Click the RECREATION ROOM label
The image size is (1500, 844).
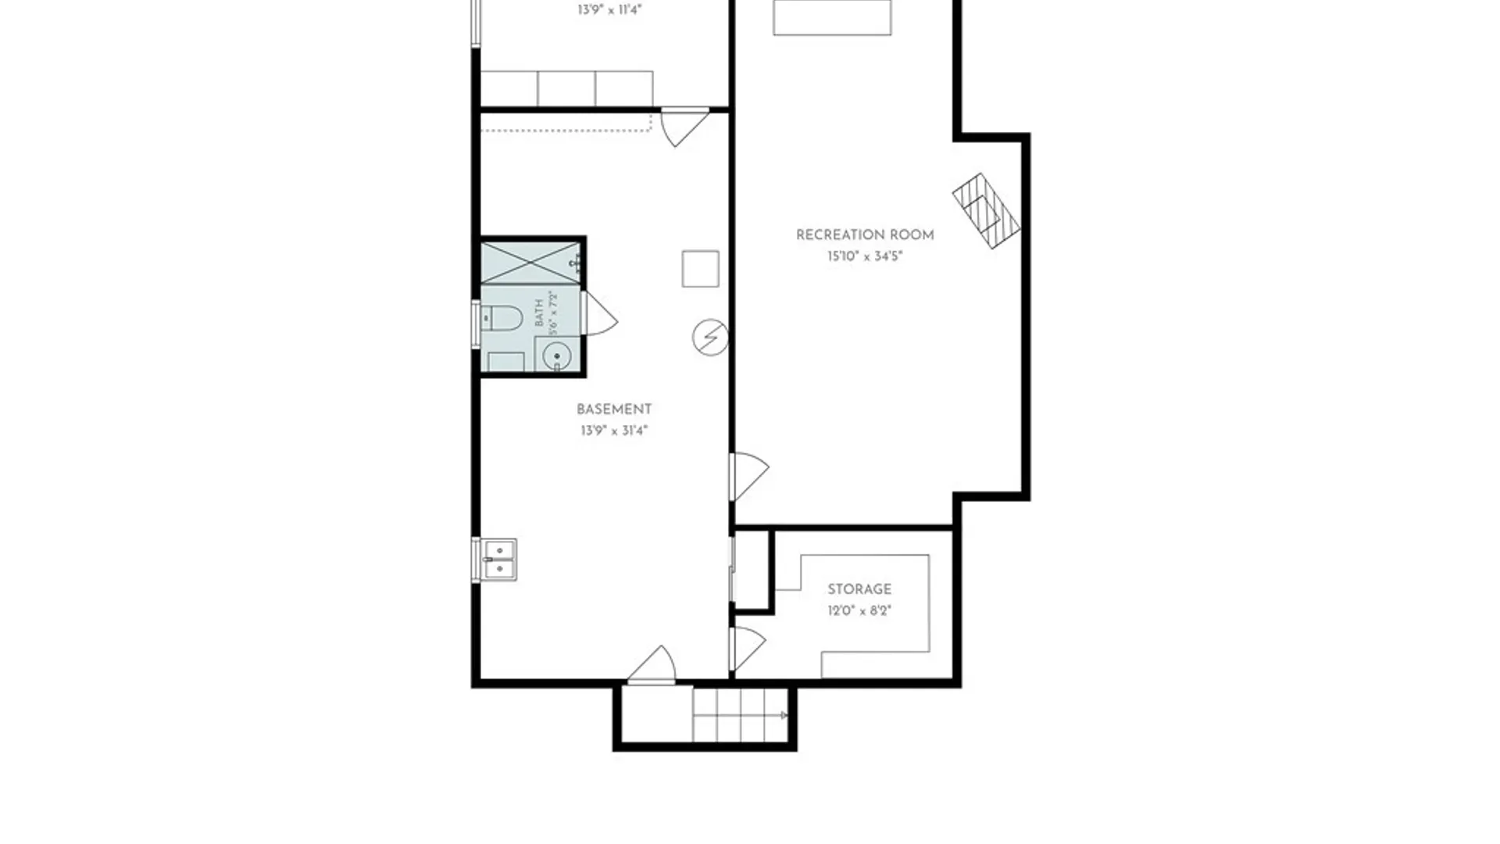pyautogui.click(x=865, y=234)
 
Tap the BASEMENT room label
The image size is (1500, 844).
pyautogui.click(x=614, y=409)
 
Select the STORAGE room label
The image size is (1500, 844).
pyautogui.click(x=859, y=589)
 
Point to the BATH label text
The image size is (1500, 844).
pyautogui.click(x=539, y=313)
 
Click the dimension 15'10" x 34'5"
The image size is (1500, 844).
pyautogui.click(x=865, y=256)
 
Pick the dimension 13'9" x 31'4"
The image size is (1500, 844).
pyautogui.click(x=614, y=431)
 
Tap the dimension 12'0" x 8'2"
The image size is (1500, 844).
pyautogui.click(x=859, y=610)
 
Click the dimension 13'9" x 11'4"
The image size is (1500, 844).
pyautogui.click(x=609, y=10)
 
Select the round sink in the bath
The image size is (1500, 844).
pyautogui.click(x=557, y=356)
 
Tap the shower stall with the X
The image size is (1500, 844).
pyautogui.click(x=530, y=263)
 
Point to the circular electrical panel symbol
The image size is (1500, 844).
pyautogui.click(x=710, y=338)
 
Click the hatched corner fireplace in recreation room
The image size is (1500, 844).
pyautogui.click(x=986, y=211)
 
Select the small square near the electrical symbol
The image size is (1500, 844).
pyautogui.click(x=700, y=269)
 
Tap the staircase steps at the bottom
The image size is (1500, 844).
pyautogui.click(x=740, y=715)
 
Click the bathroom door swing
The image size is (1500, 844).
pyautogui.click(x=599, y=313)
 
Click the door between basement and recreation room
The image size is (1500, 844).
pyautogui.click(x=750, y=477)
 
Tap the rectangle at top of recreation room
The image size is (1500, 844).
pyautogui.click(x=832, y=17)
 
